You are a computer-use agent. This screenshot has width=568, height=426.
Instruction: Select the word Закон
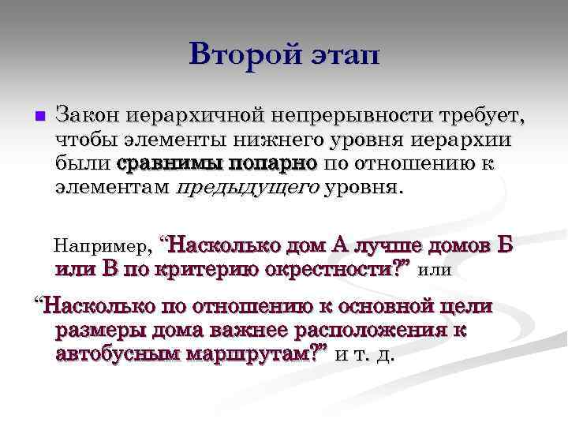pos(86,115)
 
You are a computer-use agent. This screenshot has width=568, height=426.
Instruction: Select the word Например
pos(99,246)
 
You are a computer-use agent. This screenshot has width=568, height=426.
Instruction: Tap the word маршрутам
pos(255,354)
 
